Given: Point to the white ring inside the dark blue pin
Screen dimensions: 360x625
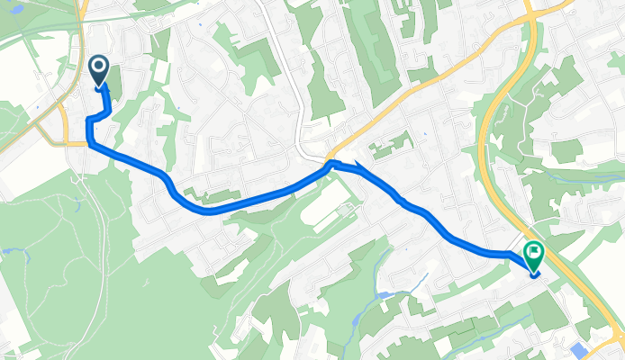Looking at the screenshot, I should pos(97,66).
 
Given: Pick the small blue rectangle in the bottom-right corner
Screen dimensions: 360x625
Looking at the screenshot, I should pos(576,349).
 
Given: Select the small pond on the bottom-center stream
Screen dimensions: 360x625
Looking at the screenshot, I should pos(385,295).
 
